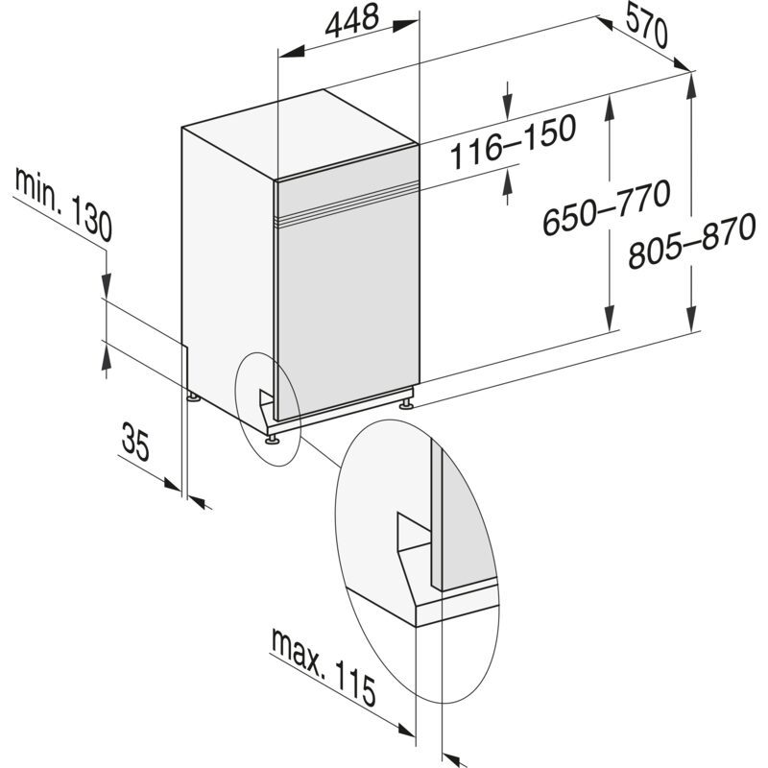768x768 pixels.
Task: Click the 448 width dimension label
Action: click(349, 20)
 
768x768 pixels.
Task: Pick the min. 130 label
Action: click(64, 203)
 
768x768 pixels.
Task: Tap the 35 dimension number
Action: click(135, 443)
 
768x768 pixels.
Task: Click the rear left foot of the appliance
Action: click(195, 396)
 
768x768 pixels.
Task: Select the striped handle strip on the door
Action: click(347, 204)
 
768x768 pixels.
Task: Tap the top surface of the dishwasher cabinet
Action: click(299, 131)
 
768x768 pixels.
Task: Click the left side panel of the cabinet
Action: click(228, 259)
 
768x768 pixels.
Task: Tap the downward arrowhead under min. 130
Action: click(106, 287)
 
